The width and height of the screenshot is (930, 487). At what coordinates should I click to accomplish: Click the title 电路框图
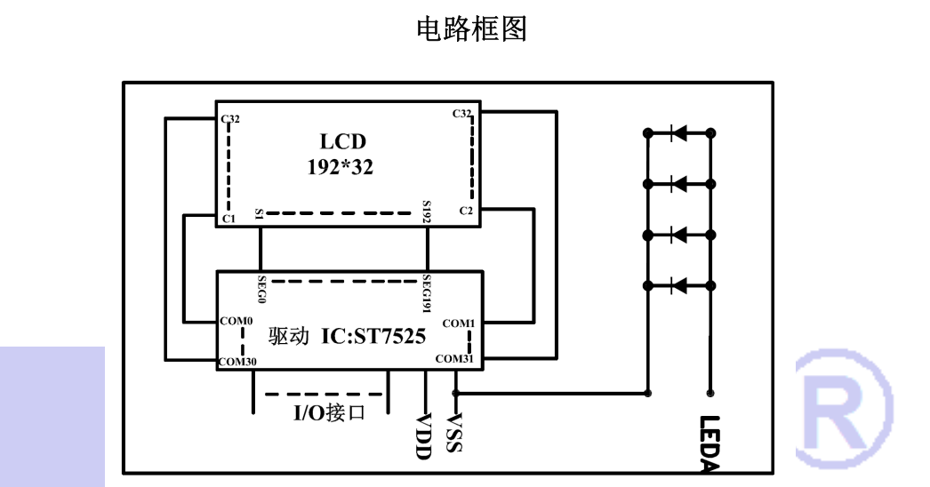471,29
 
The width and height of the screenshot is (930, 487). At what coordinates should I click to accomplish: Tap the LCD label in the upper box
342,141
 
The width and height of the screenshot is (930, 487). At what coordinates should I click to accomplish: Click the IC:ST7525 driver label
373,337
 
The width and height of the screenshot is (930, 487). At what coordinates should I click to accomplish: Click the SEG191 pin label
427,292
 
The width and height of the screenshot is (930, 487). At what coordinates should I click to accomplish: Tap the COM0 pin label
237,321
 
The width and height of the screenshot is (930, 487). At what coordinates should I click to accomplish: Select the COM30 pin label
238,362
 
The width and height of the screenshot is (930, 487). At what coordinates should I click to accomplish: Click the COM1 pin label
459,323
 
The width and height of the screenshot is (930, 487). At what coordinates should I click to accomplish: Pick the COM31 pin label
455,359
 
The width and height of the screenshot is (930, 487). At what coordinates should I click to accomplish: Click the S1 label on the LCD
259,213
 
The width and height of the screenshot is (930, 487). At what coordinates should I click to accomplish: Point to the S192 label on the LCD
428,212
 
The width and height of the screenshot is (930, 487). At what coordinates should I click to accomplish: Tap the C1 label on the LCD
228,219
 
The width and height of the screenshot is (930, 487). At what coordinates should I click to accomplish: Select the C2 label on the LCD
466,210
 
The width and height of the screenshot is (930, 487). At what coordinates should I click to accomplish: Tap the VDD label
424,436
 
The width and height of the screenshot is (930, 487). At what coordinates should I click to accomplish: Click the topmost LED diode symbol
678,133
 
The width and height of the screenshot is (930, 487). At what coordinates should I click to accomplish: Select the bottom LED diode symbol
678,285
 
